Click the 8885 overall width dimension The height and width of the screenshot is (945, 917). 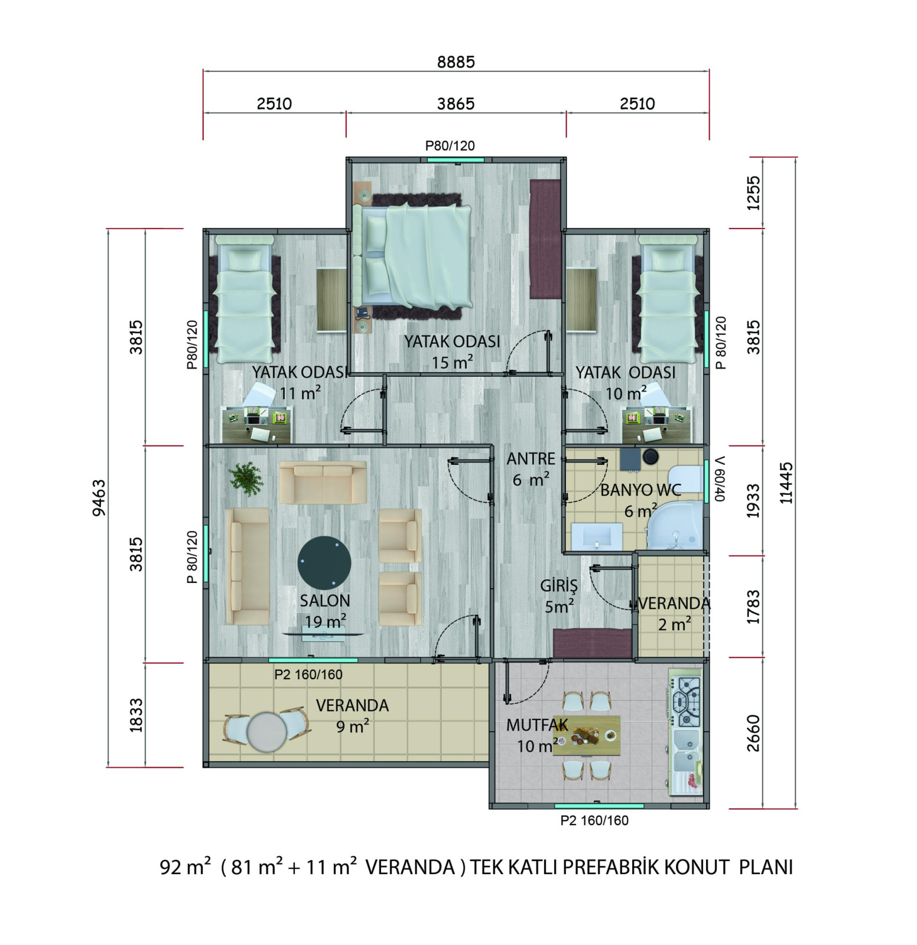pos(456,61)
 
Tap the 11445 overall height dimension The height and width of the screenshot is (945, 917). pos(786,483)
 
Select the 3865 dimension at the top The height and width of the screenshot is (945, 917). pos(456,103)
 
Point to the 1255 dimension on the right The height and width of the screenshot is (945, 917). pos(753,193)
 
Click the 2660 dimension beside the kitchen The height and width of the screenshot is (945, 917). pos(753,733)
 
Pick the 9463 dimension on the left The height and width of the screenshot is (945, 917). pos(99,497)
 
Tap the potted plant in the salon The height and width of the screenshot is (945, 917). pos(246,478)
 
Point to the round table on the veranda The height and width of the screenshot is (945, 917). pos(266,732)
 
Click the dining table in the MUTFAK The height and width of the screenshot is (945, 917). pos(587,735)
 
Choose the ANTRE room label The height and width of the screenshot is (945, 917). pos(531,459)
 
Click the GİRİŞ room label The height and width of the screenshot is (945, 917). pos(559,586)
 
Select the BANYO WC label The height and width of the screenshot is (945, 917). pos(640,490)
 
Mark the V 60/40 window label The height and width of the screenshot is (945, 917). pos(719,478)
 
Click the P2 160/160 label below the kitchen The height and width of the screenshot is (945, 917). pos(594,820)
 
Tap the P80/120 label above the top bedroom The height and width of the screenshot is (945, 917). pos(450,145)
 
